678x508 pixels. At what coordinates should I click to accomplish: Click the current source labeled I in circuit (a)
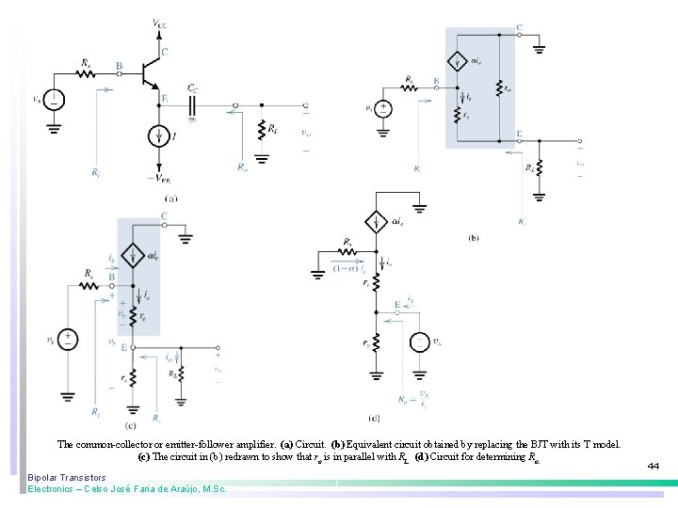coord(157,137)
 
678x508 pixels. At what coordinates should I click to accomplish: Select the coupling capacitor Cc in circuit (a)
coord(193,104)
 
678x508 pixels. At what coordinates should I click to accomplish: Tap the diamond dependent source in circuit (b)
coord(456,62)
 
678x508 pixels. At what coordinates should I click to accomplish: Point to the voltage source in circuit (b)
coord(383,108)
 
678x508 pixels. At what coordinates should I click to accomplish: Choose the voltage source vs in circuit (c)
coord(68,340)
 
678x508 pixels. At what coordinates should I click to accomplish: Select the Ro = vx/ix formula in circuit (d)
coord(414,401)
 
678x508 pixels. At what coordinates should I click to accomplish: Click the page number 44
coord(654,465)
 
